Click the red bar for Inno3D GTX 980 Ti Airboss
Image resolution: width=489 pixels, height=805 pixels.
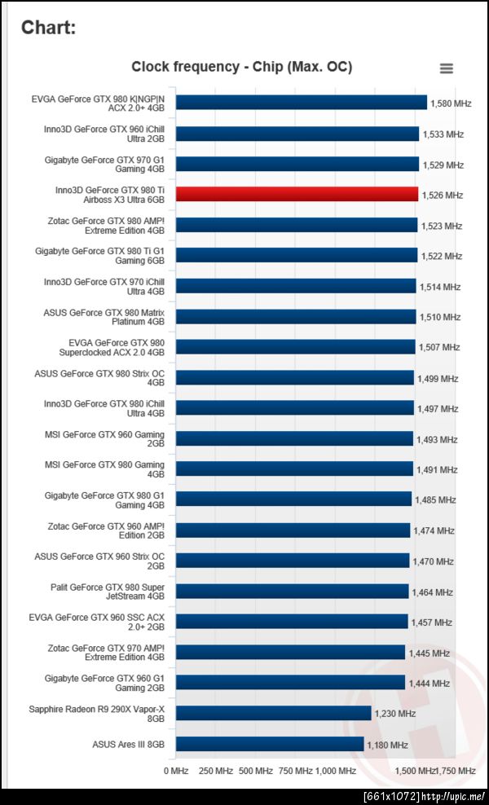(x=297, y=194)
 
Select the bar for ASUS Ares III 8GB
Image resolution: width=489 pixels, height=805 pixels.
(x=270, y=744)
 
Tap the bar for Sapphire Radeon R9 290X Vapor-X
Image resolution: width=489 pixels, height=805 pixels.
(x=274, y=714)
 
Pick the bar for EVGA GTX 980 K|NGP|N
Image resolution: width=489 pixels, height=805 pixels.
(x=302, y=103)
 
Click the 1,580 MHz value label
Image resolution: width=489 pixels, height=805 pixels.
(x=451, y=103)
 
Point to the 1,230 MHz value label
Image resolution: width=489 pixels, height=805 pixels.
(x=394, y=715)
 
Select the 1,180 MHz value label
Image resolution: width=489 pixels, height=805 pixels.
(x=387, y=745)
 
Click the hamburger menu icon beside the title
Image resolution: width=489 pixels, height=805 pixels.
(x=446, y=68)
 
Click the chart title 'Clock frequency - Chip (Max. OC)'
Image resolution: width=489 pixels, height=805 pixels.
(x=242, y=67)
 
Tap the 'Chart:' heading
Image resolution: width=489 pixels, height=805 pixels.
(x=49, y=28)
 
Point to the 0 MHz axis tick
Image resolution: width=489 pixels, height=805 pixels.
(x=176, y=770)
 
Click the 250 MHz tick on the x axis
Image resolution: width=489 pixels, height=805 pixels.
(x=216, y=770)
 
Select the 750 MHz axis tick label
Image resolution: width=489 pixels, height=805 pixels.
(x=296, y=770)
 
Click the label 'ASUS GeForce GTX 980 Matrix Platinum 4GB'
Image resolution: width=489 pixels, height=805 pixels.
(x=104, y=317)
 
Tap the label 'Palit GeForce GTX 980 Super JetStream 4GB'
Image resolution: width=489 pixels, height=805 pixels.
(x=107, y=592)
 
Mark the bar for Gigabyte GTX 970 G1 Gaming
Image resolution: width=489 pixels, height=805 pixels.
(x=297, y=164)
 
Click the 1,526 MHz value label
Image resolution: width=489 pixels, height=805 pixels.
(x=442, y=196)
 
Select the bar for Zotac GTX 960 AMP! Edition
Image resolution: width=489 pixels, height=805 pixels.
(x=293, y=530)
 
